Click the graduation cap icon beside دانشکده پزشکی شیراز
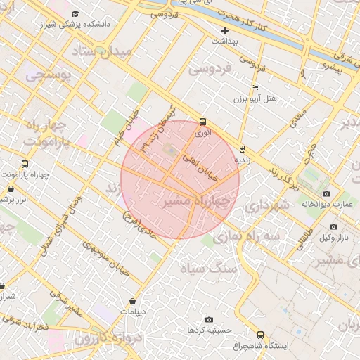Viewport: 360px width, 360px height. [75, 13]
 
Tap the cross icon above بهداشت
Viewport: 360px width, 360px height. [225, 30]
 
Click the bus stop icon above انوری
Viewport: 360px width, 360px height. [202, 121]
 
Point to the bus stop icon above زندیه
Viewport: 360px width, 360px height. [243, 148]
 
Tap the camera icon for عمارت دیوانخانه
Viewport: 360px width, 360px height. [326, 193]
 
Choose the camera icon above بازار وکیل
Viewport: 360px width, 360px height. [333, 226]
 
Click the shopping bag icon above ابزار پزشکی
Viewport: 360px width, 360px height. [11, 188]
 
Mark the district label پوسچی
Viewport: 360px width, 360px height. [47, 75]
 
